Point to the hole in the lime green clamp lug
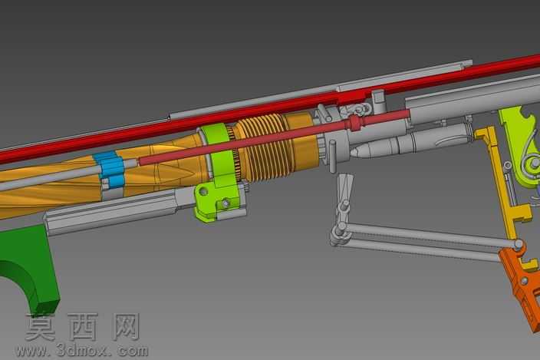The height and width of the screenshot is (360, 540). point(202,191)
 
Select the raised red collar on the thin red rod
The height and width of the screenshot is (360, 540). point(354,122)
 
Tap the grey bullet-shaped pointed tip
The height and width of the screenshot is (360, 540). point(358,150)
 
